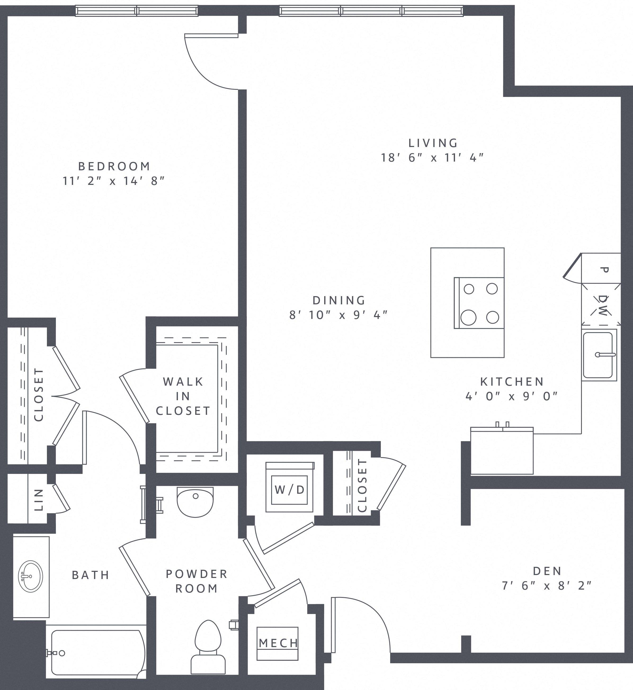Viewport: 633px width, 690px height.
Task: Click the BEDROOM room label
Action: (114, 167)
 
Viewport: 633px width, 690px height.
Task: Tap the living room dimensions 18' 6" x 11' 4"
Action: (433, 158)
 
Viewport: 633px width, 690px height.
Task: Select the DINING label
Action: (339, 300)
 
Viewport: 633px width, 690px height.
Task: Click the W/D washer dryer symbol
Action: (290, 490)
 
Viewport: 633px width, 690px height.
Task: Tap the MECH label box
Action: (278, 643)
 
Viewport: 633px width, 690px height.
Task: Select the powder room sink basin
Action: (195, 502)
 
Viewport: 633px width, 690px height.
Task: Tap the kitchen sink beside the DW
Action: (599, 355)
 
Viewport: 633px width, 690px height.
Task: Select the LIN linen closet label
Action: (39, 500)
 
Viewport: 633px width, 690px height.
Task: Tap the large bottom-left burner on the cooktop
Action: (468, 317)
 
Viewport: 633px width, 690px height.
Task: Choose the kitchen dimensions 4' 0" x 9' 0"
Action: (512, 397)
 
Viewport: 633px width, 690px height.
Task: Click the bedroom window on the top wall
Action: (137, 11)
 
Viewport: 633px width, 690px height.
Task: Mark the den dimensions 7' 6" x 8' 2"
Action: (547, 586)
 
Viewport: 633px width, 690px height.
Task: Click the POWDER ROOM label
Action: (197, 581)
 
